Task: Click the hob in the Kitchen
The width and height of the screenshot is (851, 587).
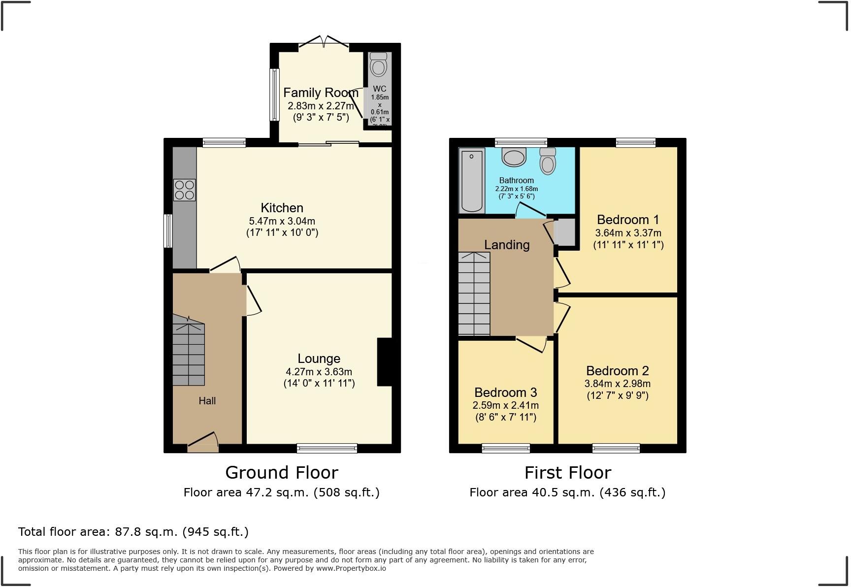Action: (x=184, y=190)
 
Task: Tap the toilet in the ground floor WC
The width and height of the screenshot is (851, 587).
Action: (x=378, y=65)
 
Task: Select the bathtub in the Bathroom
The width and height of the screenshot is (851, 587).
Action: (x=472, y=181)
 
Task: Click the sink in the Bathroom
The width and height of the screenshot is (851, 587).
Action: (x=514, y=157)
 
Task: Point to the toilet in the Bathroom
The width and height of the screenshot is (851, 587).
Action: (x=548, y=161)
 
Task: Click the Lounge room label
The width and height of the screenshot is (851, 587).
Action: (x=319, y=359)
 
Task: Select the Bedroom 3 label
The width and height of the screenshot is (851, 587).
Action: (x=505, y=392)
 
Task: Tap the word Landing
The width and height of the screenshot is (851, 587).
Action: (x=506, y=245)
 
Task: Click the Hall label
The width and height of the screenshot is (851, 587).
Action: (x=207, y=401)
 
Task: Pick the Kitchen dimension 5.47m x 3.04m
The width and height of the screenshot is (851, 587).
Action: (x=282, y=221)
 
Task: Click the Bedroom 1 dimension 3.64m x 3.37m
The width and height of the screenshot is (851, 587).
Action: (x=628, y=233)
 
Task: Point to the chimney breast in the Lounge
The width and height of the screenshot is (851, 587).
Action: (x=384, y=362)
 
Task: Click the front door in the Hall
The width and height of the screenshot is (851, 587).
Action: (x=203, y=443)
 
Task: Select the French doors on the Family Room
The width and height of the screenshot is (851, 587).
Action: (x=324, y=43)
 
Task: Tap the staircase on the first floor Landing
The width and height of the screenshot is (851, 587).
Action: (x=474, y=294)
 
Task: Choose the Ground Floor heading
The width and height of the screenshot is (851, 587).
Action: (x=282, y=473)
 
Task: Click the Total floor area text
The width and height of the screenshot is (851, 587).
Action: (x=133, y=532)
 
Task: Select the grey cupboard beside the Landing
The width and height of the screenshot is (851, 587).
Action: (x=564, y=232)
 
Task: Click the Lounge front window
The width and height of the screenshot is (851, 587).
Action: (x=327, y=448)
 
